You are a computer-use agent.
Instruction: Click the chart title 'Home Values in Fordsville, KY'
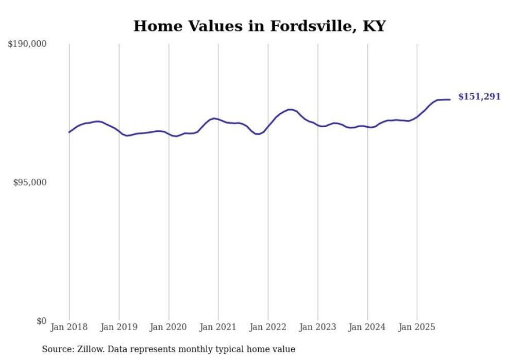[259, 26]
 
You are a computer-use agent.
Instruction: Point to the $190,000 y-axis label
[27, 44]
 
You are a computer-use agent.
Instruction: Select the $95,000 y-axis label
[29, 183]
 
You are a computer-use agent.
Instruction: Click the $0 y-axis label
[41, 321]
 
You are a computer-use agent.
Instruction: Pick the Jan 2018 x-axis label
[69, 327]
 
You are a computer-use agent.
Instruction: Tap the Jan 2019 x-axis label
[119, 327]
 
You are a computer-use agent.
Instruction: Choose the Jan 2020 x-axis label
[169, 327]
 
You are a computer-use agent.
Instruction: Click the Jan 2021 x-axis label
[218, 327]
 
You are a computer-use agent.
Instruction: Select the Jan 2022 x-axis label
[268, 327]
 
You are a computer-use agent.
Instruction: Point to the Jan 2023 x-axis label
[317, 327]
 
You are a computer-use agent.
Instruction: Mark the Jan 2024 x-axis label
[367, 327]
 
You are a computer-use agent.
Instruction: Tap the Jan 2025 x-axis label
[417, 327]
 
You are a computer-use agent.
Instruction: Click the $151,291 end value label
[479, 97]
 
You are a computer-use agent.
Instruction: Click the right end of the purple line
[450, 99]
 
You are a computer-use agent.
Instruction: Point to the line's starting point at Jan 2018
[69, 132]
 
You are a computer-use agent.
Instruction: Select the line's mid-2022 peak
[290, 109]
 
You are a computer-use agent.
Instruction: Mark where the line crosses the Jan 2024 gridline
[367, 127]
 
